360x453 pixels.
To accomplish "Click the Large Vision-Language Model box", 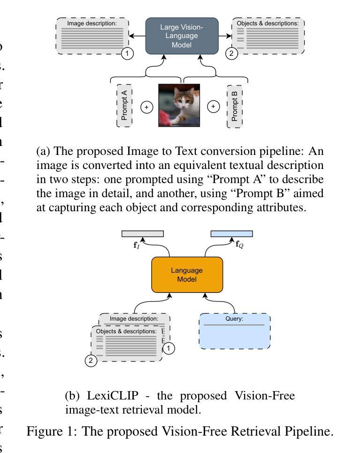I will click(x=182, y=36).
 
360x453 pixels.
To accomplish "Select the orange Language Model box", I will click(x=187, y=275).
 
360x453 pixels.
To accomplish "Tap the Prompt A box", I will click(x=124, y=106).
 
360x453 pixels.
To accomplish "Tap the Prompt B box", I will click(x=235, y=106).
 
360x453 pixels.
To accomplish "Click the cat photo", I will click(x=179, y=106).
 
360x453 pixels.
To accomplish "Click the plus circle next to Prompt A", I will click(x=147, y=107).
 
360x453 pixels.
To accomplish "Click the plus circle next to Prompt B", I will click(x=214, y=107).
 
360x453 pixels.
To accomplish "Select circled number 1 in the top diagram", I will click(x=127, y=54).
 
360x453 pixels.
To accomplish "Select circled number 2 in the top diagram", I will click(x=231, y=54).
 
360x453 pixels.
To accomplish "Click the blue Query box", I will click(x=235, y=331).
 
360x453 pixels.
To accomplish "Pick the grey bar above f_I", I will click(x=143, y=234).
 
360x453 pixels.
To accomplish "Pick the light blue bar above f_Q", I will click(x=231, y=234).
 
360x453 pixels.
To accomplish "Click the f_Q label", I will click(x=239, y=245).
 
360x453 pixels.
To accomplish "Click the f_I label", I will click(x=136, y=245).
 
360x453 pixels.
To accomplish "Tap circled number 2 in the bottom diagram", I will click(x=91, y=361).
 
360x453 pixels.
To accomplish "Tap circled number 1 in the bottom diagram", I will click(x=169, y=348).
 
